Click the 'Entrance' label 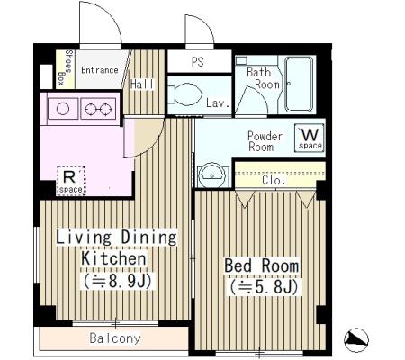click(100, 70)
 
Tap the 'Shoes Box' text click(66, 67)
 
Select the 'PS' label click(197, 62)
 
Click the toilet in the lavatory click(184, 94)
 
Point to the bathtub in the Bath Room click(299, 85)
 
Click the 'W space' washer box click(310, 138)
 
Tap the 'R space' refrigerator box click(71, 181)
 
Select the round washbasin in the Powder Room click(212, 175)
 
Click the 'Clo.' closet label click(273, 180)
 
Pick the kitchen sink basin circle click(63, 109)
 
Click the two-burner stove click(98, 109)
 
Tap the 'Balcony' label click(115, 338)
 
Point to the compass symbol click(356, 340)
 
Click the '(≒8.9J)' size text click(118, 282)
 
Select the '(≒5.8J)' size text click(264, 287)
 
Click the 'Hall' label click(142, 85)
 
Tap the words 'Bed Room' click(262, 265)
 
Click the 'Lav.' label click(218, 103)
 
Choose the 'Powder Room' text click(264, 141)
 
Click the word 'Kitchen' click(114, 258)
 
